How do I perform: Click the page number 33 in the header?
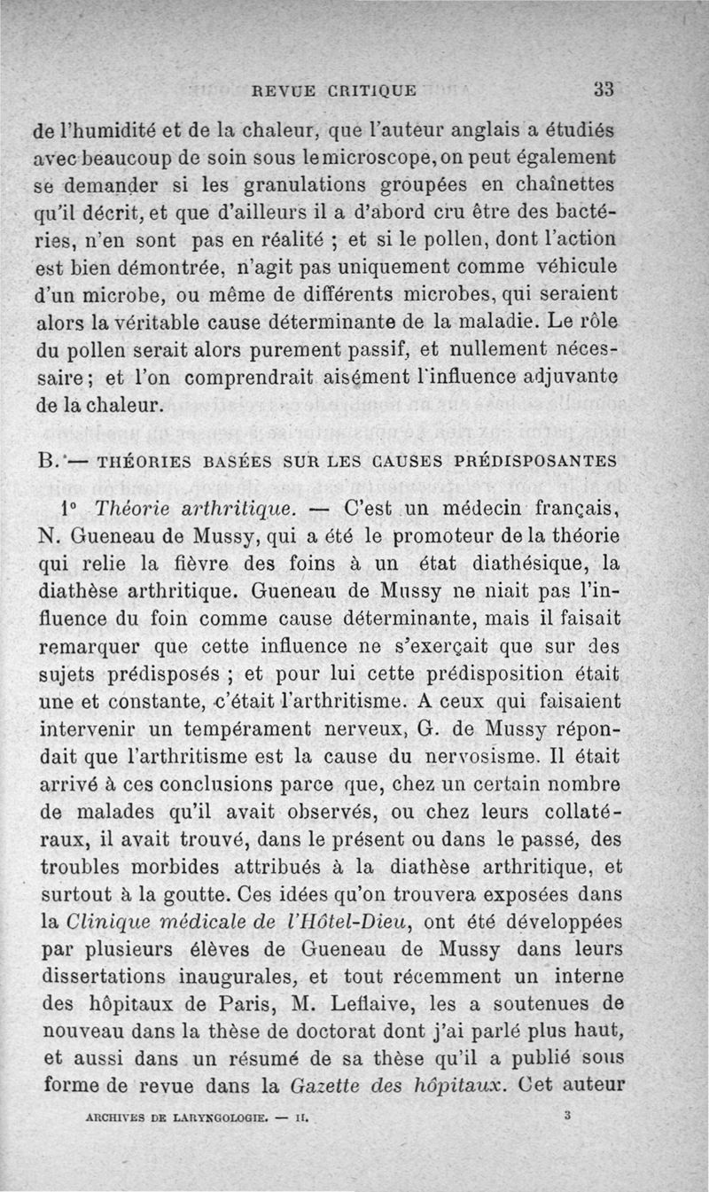click(x=604, y=89)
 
